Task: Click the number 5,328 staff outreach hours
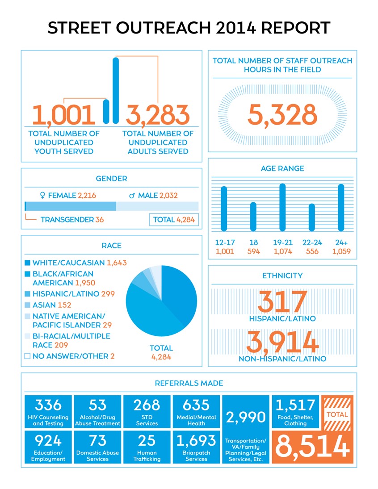click(282, 115)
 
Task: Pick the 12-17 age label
click(224, 242)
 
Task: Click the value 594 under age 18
click(253, 251)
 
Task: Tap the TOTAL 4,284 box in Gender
click(174, 220)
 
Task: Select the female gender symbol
click(43, 195)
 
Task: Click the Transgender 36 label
click(72, 220)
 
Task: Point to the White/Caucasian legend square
click(28, 263)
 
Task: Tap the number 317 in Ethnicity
click(282, 303)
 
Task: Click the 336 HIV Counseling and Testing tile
click(48, 411)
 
